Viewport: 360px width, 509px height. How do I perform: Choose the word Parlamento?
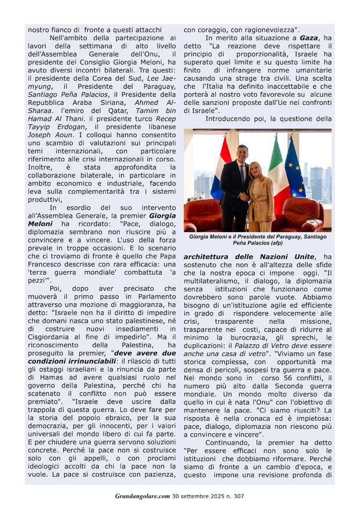(x=158, y=297)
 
